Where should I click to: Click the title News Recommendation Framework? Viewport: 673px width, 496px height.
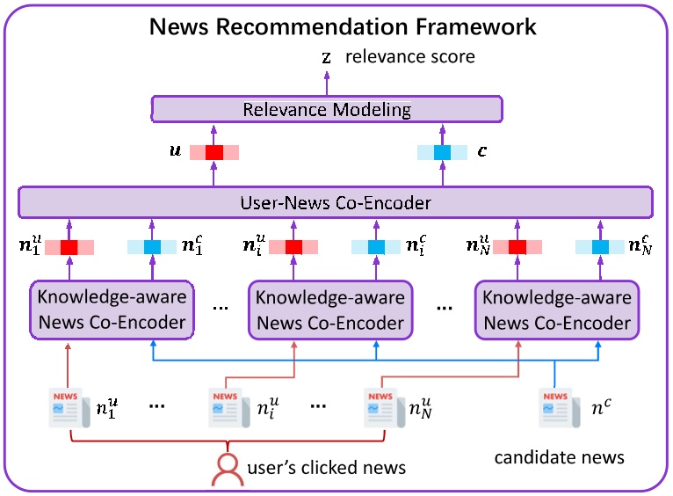pyautogui.click(x=343, y=26)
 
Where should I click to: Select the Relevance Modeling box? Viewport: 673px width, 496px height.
pyautogui.click(x=327, y=110)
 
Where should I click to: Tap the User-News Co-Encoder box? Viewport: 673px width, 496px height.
pyautogui.click(x=336, y=203)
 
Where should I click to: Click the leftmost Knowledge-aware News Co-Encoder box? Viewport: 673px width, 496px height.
pyautogui.click(x=112, y=310)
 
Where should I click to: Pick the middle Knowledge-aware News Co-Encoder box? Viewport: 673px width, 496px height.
pyautogui.click(x=330, y=310)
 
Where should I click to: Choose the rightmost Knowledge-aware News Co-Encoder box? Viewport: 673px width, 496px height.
pyautogui.click(x=557, y=310)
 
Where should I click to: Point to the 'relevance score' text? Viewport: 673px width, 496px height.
pyautogui.click(x=409, y=57)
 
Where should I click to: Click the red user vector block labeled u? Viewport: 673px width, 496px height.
pyautogui.click(x=214, y=152)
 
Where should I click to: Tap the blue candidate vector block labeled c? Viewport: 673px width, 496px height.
pyautogui.click(x=442, y=152)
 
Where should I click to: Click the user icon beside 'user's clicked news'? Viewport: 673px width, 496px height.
pyautogui.click(x=228, y=469)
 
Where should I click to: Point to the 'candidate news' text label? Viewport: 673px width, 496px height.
pyautogui.click(x=559, y=457)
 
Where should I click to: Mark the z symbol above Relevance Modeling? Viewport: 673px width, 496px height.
pyautogui.click(x=327, y=58)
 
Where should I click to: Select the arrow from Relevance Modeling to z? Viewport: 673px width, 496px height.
pyautogui.click(x=327, y=84)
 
